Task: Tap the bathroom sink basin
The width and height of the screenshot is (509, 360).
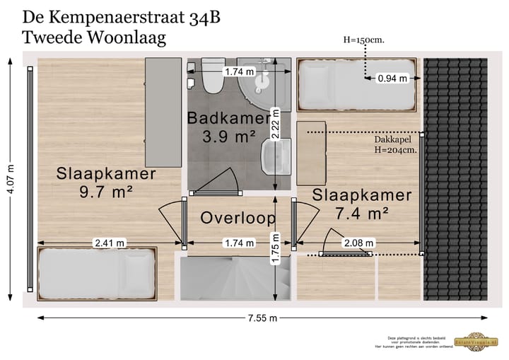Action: click(x=275, y=156)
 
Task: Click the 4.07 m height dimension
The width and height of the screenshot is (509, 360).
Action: click(x=11, y=182)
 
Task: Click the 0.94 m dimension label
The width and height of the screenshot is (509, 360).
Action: click(x=392, y=79)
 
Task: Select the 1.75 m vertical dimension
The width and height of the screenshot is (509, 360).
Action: click(x=276, y=249)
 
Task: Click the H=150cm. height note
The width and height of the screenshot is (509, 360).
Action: click(x=363, y=40)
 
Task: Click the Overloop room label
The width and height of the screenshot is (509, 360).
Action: click(x=238, y=218)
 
